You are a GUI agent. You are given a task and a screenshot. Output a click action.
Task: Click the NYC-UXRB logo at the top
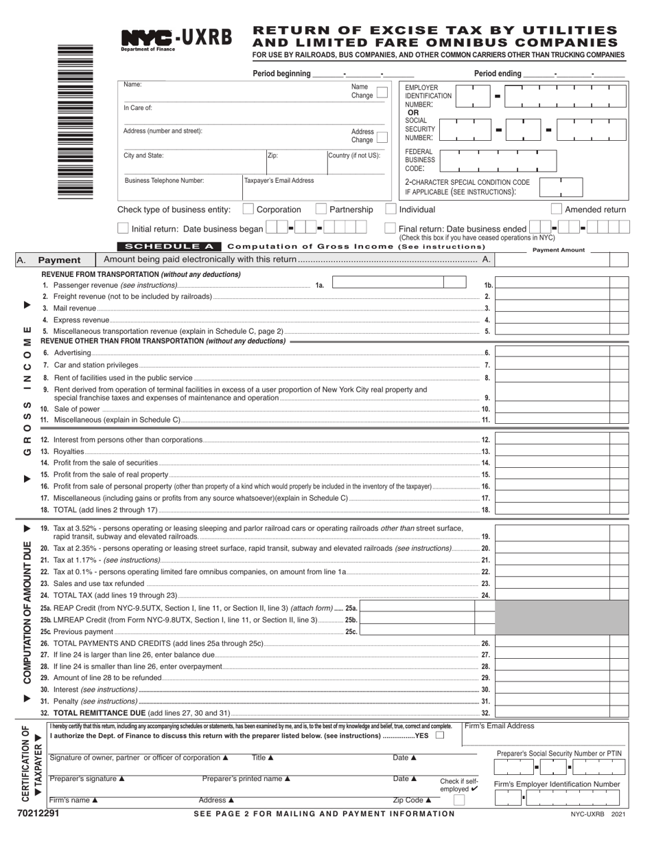176,40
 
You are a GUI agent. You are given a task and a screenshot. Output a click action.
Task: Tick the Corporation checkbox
248,209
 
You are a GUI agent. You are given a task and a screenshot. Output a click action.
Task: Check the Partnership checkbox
321,209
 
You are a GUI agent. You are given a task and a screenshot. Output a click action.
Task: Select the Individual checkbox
391,209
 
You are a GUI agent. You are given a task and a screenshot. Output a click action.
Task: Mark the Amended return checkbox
557,209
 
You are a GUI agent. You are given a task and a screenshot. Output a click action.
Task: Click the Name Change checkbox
382,92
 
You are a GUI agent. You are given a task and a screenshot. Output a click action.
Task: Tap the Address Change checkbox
382,136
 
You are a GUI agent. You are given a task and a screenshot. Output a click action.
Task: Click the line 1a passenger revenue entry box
398,282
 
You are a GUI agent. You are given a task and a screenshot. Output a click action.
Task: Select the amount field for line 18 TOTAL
561,510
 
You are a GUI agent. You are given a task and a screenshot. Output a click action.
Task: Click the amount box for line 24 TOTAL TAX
561,595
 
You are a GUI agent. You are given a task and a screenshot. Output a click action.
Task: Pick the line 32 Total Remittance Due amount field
561,713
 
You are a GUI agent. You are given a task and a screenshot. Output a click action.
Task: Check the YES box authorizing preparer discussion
440,735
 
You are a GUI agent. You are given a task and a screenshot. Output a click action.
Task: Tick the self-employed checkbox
459,799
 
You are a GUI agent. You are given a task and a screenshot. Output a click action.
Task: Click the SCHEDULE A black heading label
169,246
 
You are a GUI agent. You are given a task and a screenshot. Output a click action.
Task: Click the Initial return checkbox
123,228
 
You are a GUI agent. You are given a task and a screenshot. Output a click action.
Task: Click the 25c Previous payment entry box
417,631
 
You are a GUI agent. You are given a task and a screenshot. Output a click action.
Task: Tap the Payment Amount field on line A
561,260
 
